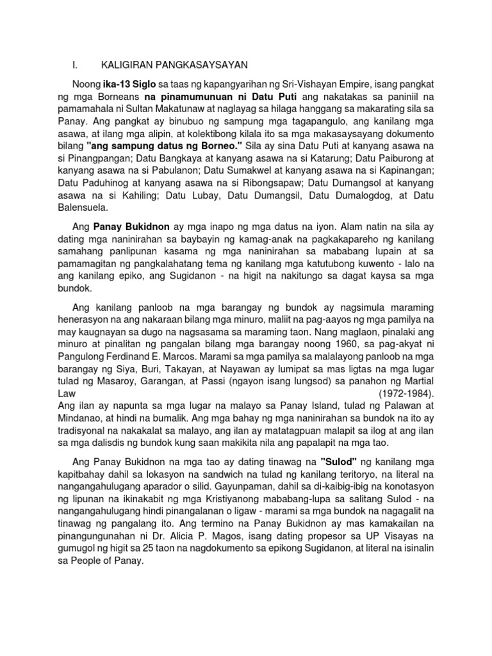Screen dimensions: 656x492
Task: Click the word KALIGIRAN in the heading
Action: (x=124, y=65)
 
